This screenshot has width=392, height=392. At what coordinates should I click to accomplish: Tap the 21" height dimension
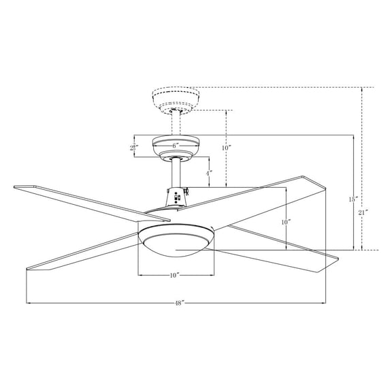[363, 212]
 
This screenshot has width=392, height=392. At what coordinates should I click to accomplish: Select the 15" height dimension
[353, 199]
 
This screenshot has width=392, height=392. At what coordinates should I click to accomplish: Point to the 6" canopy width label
[175, 146]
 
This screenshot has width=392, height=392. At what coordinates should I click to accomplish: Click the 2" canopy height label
[135, 147]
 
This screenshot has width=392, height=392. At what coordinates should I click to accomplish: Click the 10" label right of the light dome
[287, 222]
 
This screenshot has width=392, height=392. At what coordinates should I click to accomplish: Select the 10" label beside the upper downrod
[226, 148]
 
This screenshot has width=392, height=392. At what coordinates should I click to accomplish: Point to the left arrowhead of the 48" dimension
[28, 303]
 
